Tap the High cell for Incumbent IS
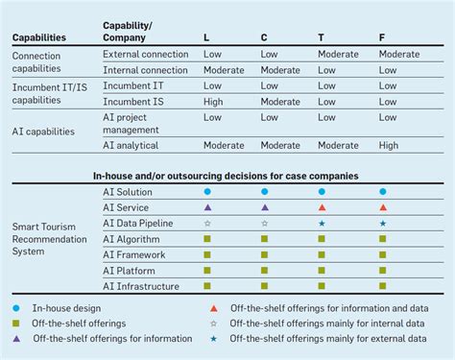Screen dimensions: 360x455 coord(213,101)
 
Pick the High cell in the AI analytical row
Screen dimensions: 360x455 coord(389,145)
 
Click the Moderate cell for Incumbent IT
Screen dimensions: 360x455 coord(338,85)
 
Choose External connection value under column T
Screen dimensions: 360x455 coord(338,54)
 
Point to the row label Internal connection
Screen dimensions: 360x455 coord(145,69)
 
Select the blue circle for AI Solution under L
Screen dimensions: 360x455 coord(207,192)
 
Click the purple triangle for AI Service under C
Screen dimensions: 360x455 coord(264,207)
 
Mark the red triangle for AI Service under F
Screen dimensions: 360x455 coord(383,207)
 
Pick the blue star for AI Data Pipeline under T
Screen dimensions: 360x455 coord(322,223)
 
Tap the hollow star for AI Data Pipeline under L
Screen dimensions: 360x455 coord(207,223)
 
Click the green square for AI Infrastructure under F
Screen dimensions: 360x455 coord(383,285)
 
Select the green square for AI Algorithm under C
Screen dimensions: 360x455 coord(264,238)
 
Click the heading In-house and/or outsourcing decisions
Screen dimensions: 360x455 coord(226,176)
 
